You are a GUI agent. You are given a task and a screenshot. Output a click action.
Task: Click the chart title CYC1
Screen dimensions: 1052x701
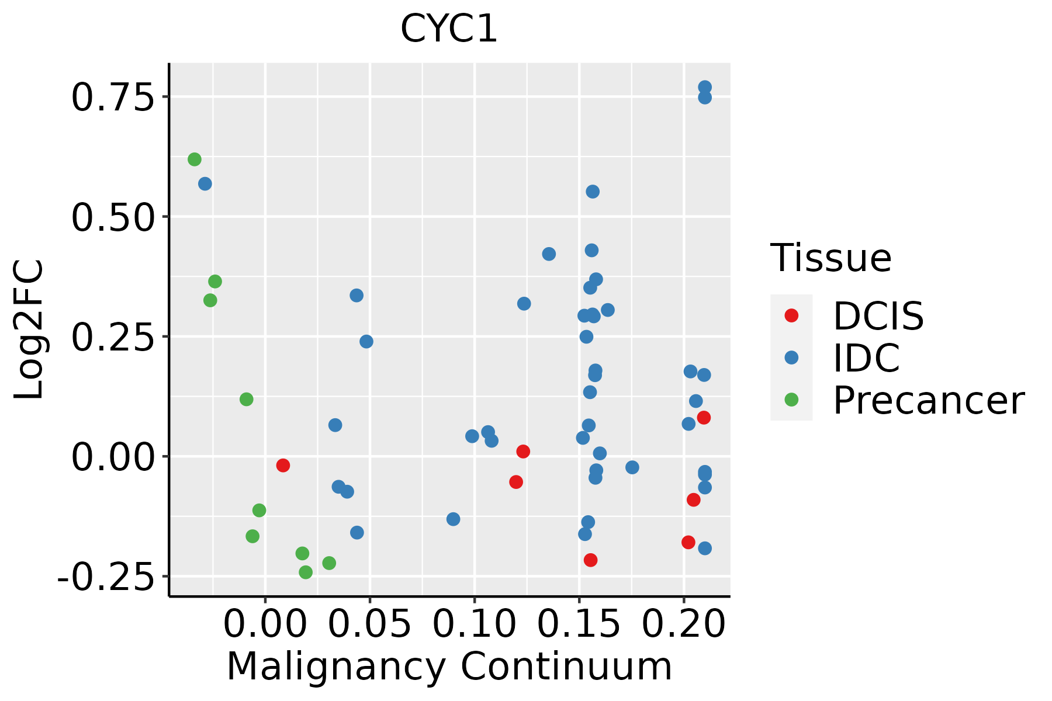click(x=449, y=29)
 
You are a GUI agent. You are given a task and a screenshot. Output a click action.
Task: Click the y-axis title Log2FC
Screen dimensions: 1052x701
click(x=29, y=329)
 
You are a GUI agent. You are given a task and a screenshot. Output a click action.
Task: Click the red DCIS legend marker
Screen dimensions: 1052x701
click(x=791, y=315)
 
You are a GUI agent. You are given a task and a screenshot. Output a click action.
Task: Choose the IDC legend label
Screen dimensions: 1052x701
click(x=866, y=358)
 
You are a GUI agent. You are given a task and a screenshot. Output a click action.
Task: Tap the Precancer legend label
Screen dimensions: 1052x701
click(x=929, y=400)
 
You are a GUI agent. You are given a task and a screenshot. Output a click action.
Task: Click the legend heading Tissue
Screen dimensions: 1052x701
click(x=831, y=258)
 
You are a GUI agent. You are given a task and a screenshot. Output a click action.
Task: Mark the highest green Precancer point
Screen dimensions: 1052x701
click(x=195, y=159)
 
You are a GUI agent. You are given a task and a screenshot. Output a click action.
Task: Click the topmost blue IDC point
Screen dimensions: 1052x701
click(x=705, y=87)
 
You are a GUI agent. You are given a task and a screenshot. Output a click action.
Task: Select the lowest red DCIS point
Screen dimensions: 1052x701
click(x=591, y=560)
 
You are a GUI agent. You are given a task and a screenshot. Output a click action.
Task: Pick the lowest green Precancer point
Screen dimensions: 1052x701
click(x=306, y=572)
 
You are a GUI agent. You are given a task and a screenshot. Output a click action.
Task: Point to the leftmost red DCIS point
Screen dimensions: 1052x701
click(x=283, y=466)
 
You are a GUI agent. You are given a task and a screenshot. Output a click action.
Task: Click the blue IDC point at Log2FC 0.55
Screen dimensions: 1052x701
click(x=593, y=192)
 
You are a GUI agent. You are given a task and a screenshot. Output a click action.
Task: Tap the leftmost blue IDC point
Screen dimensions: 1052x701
click(x=205, y=184)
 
